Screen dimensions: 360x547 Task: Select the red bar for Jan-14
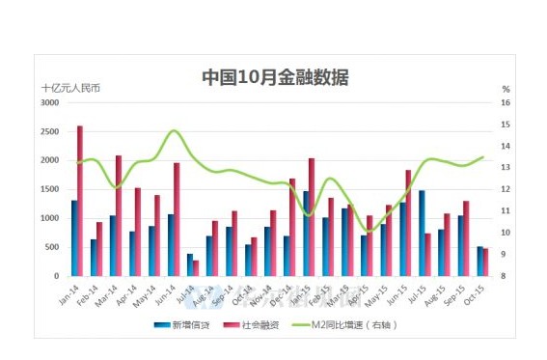point(80,201)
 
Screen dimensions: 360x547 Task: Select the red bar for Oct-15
point(485,262)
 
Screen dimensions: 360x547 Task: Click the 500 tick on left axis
point(52,247)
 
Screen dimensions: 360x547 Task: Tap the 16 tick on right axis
point(506,102)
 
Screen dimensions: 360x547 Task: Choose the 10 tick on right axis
point(506,233)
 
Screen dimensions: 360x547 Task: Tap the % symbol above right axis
point(505,88)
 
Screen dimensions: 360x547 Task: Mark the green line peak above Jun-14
point(175,131)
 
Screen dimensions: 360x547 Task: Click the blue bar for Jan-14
point(73,237)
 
